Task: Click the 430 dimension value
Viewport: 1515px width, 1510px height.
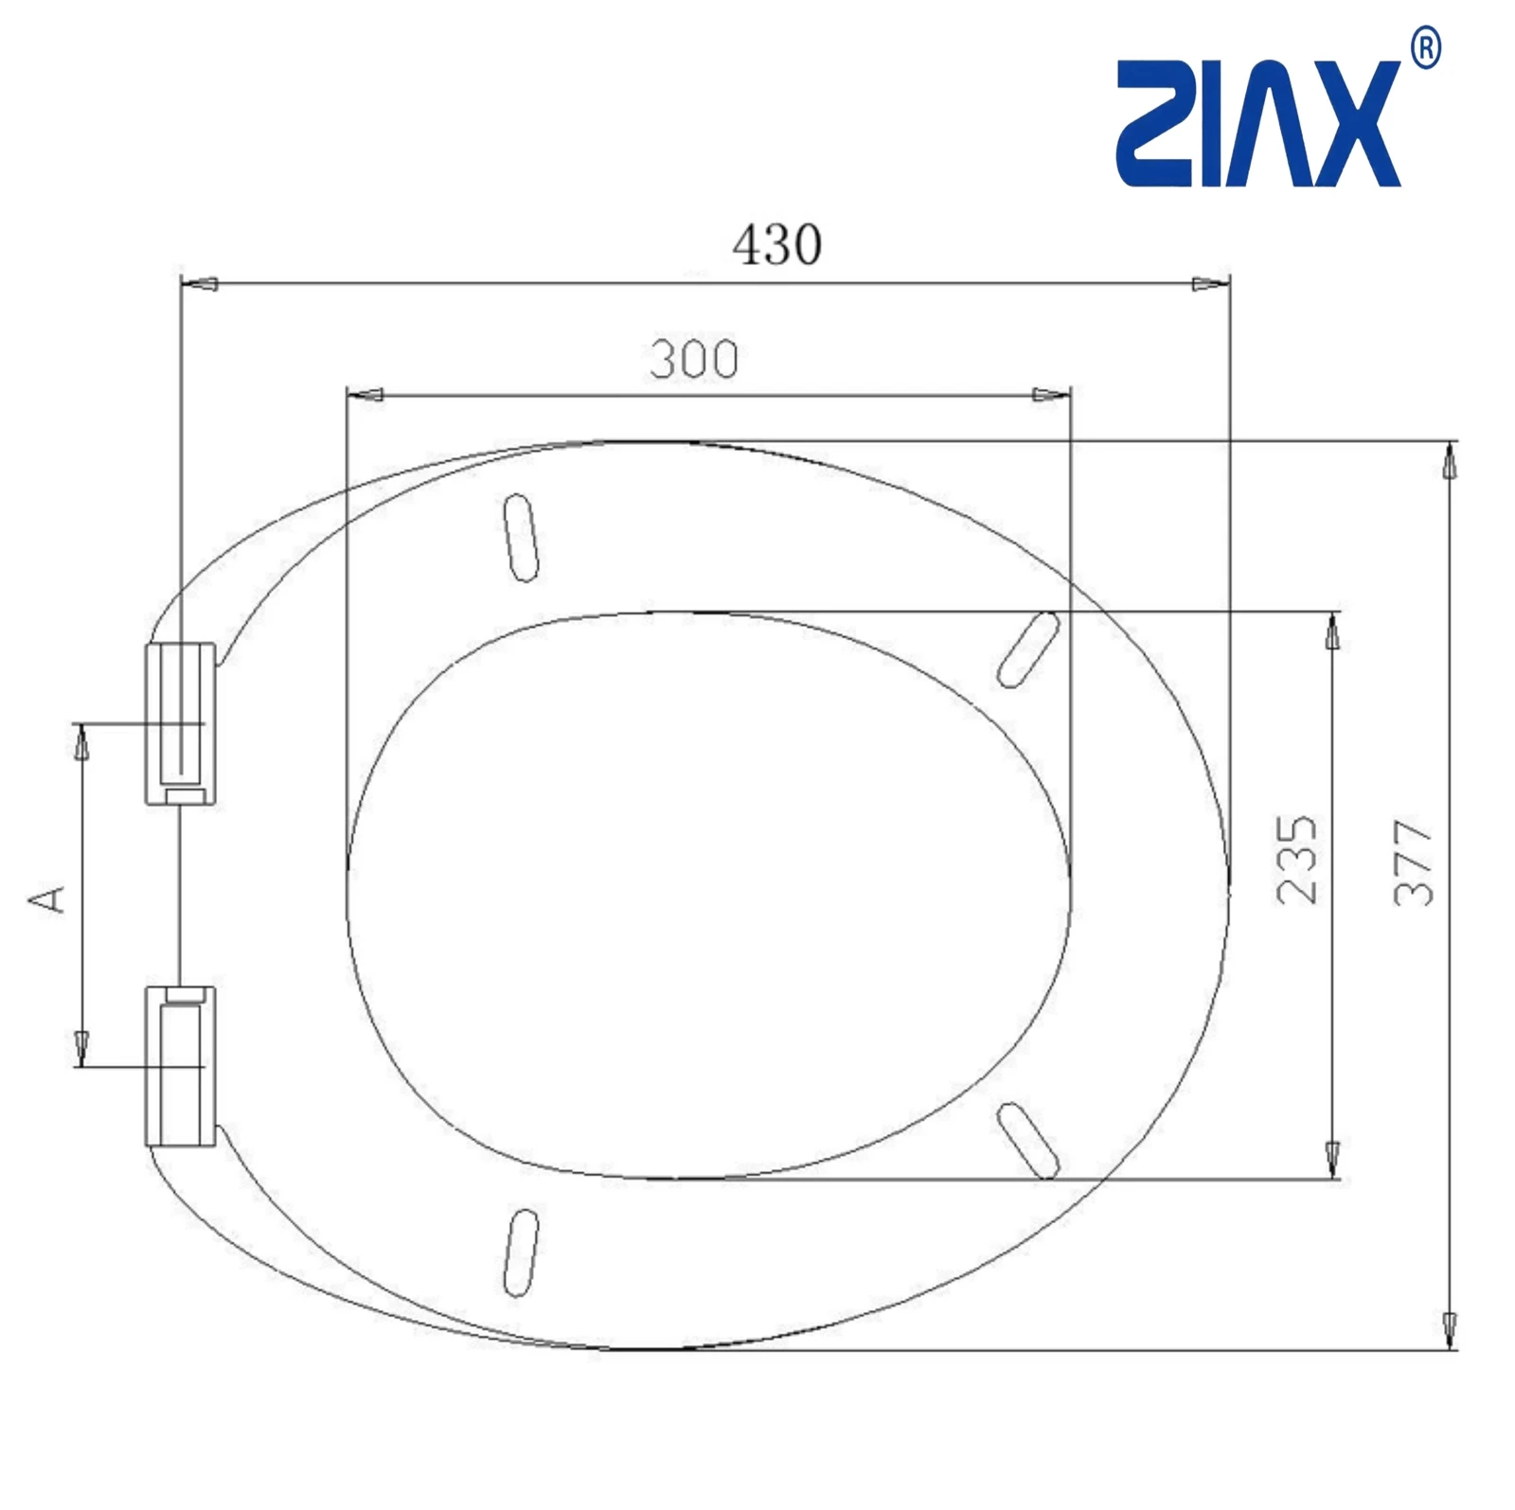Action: tap(776, 245)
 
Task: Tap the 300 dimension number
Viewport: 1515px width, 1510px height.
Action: tap(694, 360)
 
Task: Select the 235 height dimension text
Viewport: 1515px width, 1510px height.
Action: tap(1296, 859)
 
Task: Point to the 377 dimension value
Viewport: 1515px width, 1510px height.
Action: tap(1414, 862)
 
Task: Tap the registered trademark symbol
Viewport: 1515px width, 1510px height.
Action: tap(1426, 49)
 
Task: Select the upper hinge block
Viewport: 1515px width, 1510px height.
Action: tap(181, 724)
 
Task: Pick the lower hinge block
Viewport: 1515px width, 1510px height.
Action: tap(181, 1066)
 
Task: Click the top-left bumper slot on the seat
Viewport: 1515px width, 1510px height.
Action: tap(522, 537)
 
